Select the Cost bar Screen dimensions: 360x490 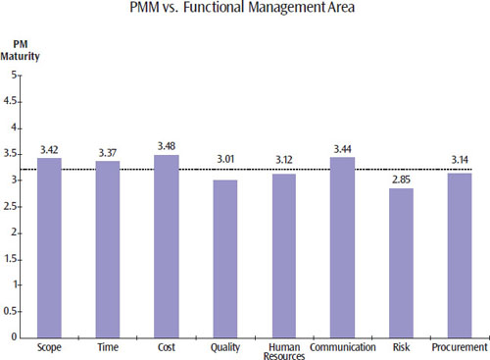point(167,246)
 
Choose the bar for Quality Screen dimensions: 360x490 point(224,258)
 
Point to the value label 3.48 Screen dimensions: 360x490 point(167,146)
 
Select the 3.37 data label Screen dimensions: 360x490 point(108,152)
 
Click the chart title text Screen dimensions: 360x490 point(244,12)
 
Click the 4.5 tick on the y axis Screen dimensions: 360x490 point(13,101)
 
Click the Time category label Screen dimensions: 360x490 point(108,347)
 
